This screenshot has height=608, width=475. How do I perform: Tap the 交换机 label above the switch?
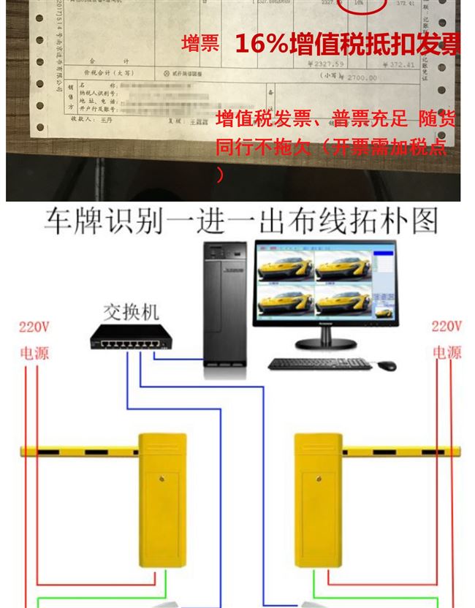click(x=131, y=313)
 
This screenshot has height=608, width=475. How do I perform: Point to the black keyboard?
click(x=319, y=363)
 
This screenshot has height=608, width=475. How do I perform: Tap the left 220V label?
click(x=34, y=327)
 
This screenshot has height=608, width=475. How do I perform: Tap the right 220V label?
click(x=446, y=327)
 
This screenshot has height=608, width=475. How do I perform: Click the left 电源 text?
click(x=34, y=353)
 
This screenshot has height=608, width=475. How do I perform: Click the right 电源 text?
click(x=447, y=353)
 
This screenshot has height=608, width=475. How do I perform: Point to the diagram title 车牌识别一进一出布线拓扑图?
click(x=240, y=221)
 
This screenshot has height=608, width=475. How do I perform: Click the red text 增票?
click(x=200, y=44)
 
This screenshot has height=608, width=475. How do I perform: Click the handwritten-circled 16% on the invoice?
click(x=359, y=4)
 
